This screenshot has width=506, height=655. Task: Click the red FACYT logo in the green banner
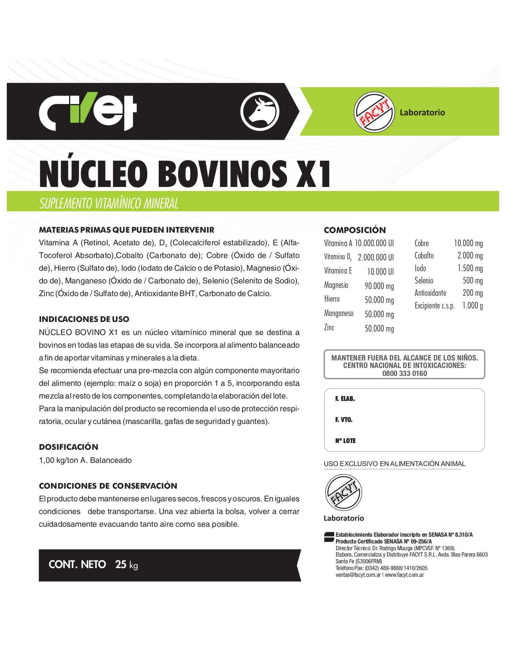[x=374, y=112]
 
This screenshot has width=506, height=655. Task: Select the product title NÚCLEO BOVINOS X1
[x=185, y=174]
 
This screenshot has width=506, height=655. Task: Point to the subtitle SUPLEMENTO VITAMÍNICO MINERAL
[x=109, y=203]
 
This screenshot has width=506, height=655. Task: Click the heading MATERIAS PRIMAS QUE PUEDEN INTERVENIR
[x=127, y=230]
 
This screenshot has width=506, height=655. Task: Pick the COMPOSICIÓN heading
[x=355, y=230]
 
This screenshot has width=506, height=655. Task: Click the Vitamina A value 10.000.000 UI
[x=374, y=243]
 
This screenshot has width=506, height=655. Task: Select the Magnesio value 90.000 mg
[x=379, y=286]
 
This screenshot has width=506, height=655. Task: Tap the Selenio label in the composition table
[x=424, y=281]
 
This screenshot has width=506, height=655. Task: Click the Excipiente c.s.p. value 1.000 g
[x=472, y=306]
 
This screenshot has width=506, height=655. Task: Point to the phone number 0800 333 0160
[x=404, y=374]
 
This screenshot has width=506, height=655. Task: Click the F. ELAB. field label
[x=345, y=399]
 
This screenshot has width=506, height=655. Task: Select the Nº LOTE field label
[x=345, y=441]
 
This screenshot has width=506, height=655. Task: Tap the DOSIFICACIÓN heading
[x=69, y=447]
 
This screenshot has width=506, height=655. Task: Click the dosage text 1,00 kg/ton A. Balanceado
[x=85, y=460]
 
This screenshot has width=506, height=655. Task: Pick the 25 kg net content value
[x=127, y=564]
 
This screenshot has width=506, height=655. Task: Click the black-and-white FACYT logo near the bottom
[x=343, y=493]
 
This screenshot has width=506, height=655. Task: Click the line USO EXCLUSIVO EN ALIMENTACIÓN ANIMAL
[x=394, y=464]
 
